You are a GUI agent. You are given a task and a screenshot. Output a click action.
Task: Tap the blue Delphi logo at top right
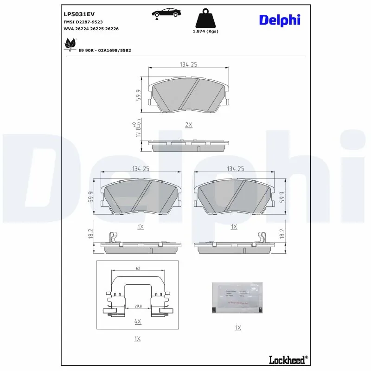point(279,20)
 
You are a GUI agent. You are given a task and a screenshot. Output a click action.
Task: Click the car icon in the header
point(166,13)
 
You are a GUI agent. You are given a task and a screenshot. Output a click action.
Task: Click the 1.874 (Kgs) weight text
point(205,32)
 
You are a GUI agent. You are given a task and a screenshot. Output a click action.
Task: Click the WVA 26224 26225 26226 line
point(91,28)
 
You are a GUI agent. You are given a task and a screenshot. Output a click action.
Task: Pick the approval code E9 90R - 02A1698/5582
point(105,50)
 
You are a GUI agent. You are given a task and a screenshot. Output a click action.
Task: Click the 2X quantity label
point(188,125)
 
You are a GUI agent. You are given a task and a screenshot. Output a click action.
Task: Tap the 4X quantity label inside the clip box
point(137,321)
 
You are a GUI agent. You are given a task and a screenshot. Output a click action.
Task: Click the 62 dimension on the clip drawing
point(138,268)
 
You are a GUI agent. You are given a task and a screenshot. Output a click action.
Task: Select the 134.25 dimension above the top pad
point(188,65)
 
